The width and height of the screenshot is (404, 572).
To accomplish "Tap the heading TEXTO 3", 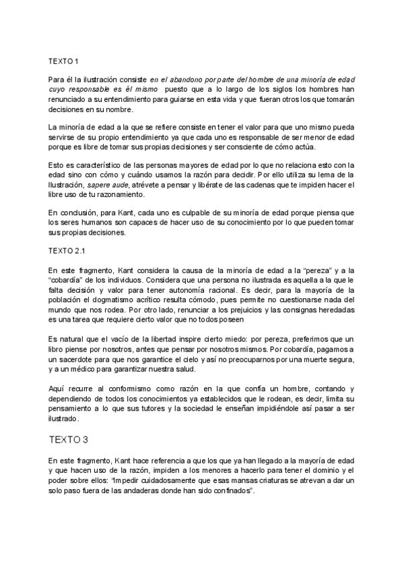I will click(x=68, y=440).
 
